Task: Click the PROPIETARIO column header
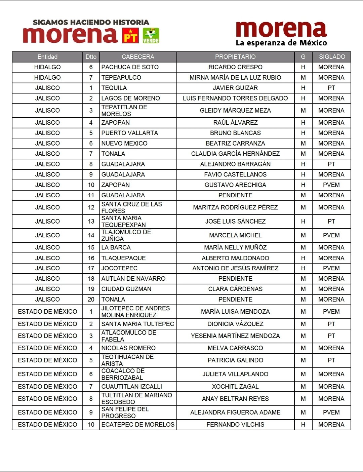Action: tap(235, 57)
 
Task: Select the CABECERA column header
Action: tap(138, 57)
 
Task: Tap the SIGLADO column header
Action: tap(332, 57)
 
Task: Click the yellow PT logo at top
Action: tap(130, 36)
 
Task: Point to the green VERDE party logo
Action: tap(151, 36)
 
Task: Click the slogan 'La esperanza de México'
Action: tap(281, 43)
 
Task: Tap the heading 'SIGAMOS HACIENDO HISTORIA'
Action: tap(91, 23)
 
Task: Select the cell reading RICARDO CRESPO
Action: tap(235, 67)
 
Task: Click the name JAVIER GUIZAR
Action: tap(235, 88)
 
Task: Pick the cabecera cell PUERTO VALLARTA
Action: tap(130, 133)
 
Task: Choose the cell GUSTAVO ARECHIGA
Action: tap(235, 185)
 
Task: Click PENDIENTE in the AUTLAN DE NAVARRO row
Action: tap(235, 279)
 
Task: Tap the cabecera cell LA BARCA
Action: tap(116, 247)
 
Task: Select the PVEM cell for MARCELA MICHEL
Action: tap(331, 235)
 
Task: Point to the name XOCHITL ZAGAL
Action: tap(235, 387)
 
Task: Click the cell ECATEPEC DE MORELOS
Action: tap(138, 425)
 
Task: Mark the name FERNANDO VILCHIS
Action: tap(235, 425)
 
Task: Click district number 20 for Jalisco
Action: tap(91, 300)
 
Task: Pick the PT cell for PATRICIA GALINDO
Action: tap(331, 360)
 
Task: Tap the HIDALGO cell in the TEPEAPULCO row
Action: tap(47, 78)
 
